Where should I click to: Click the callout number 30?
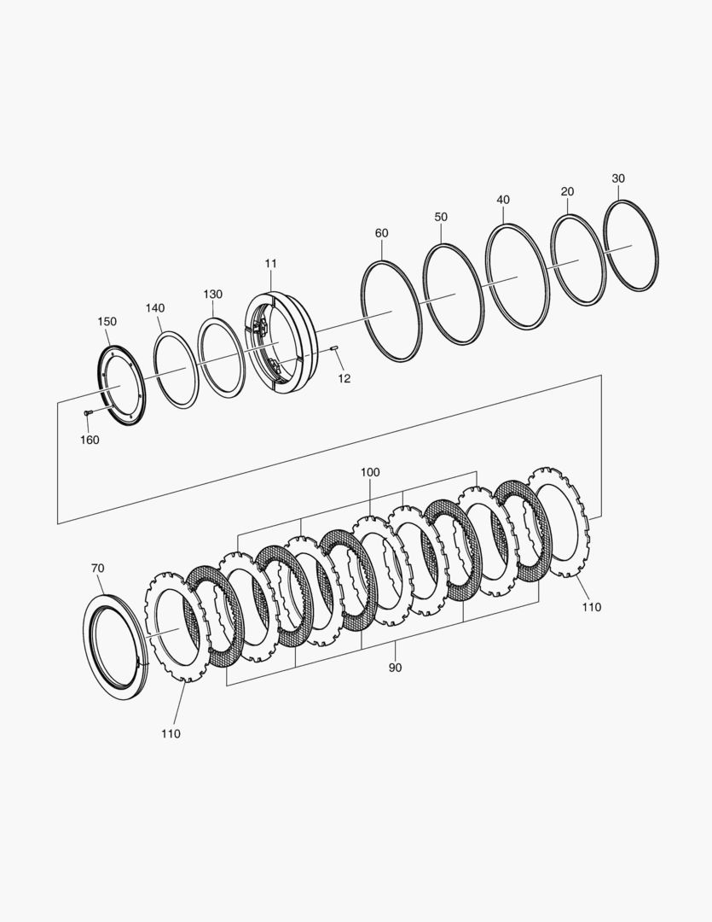pyautogui.click(x=618, y=178)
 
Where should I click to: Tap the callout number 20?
pyautogui.click(x=567, y=191)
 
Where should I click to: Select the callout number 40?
pyautogui.click(x=503, y=199)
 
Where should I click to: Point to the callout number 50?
pyautogui.click(x=441, y=216)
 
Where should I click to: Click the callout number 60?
pyautogui.click(x=381, y=233)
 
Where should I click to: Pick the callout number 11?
pyautogui.click(x=270, y=264)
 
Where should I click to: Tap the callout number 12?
pyautogui.click(x=344, y=379)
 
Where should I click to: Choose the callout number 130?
pyautogui.click(x=212, y=294)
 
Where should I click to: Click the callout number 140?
pyautogui.click(x=155, y=308)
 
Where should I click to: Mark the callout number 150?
pyautogui.click(x=107, y=322)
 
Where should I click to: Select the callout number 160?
pyautogui.click(x=90, y=440)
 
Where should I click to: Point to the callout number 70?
pyautogui.click(x=97, y=568)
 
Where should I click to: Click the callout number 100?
pyautogui.click(x=370, y=472)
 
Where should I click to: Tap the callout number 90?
pyautogui.click(x=396, y=668)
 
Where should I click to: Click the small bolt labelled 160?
pyautogui.click(x=88, y=414)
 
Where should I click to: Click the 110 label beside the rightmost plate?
pyautogui.click(x=592, y=608)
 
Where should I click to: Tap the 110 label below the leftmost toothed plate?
pyautogui.click(x=171, y=734)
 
